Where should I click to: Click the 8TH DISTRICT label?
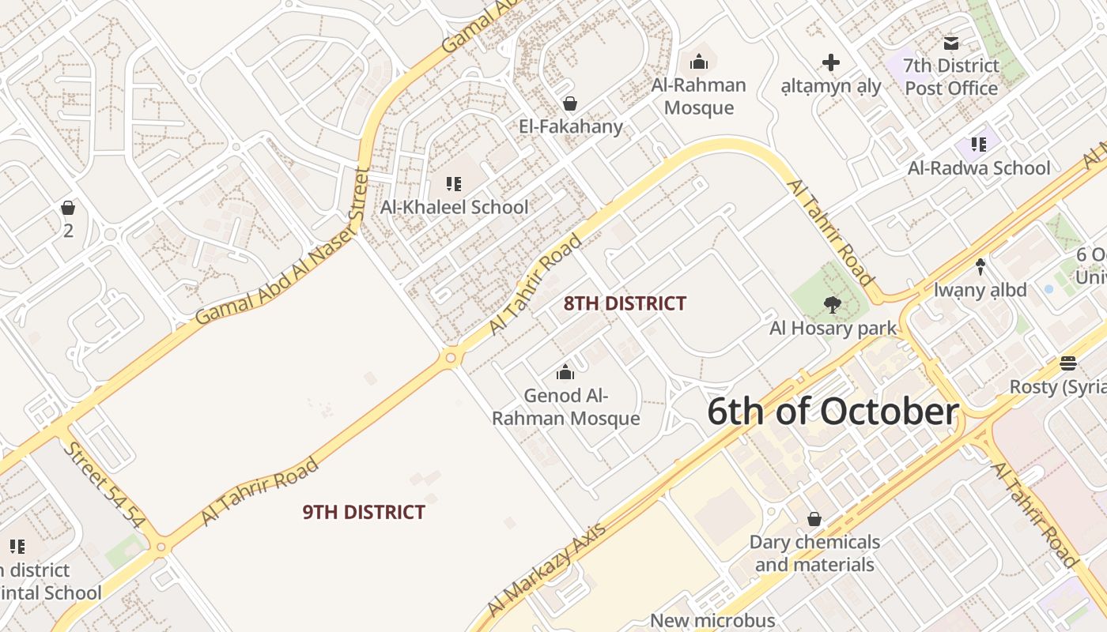(x=625, y=303)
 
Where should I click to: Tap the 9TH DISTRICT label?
(x=364, y=512)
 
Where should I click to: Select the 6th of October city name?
(x=833, y=412)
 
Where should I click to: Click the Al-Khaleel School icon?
(x=454, y=185)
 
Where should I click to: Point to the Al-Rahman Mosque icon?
(x=699, y=62)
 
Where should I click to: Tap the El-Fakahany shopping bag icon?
(x=569, y=103)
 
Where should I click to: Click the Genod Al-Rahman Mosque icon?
(x=565, y=372)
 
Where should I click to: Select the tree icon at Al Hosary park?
(x=832, y=304)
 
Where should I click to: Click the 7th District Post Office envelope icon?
(x=951, y=43)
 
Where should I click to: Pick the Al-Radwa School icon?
(x=979, y=145)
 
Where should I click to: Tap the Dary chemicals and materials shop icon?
(x=814, y=519)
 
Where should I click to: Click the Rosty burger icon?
(x=1068, y=363)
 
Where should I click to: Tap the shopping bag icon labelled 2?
(x=68, y=208)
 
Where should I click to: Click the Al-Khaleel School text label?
(x=455, y=207)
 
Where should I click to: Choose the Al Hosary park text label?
(x=833, y=328)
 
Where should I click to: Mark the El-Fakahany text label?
(x=571, y=126)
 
